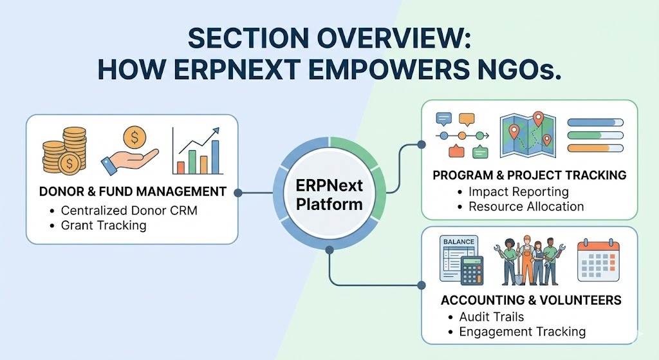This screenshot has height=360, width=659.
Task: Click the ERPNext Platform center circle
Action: (x=329, y=194)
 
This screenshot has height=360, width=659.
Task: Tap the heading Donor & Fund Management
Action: (x=133, y=192)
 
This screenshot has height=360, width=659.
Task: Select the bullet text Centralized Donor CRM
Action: (x=129, y=211)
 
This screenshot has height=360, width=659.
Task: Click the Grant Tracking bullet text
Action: (x=104, y=225)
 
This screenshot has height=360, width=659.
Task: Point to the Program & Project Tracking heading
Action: (x=530, y=175)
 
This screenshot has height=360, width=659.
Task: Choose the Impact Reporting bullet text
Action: (x=519, y=192)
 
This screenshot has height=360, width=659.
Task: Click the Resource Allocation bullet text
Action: (x=526, y=207)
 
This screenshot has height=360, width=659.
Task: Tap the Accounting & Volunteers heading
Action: (x=531, y=300)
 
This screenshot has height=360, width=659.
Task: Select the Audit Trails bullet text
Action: (x=492, y=317)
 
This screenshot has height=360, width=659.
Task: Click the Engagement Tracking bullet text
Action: (x=523, y=332)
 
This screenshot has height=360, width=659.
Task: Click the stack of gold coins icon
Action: (x=64, y=151)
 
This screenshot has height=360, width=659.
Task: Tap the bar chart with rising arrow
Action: (x=198, y=151)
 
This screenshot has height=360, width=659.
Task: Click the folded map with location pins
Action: (x=528, y=135)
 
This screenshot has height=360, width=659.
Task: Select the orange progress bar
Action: (x=595, y=148)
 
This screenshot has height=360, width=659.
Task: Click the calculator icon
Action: (x=472, y=271)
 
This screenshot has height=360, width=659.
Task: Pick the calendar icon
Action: (x=598, y=261)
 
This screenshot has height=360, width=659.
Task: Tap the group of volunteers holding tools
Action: (x=529, y=261)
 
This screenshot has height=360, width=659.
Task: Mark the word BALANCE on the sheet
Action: (x=458, y=242)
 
